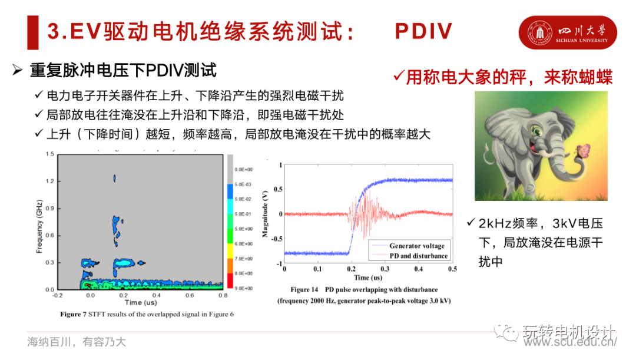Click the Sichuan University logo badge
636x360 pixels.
click(x=567, y=32)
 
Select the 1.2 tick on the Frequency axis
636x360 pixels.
click(x=50, y=181)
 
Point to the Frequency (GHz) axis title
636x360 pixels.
click(x=39, y=222)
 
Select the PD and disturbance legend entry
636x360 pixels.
click(x=418, y=256)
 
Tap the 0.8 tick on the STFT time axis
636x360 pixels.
click(x=223, y=295)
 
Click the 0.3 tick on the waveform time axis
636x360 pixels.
click(x=385, y=269)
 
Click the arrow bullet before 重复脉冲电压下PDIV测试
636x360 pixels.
click(x=17, y=71)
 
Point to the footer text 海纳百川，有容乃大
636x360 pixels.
click(x=76, y=342)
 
